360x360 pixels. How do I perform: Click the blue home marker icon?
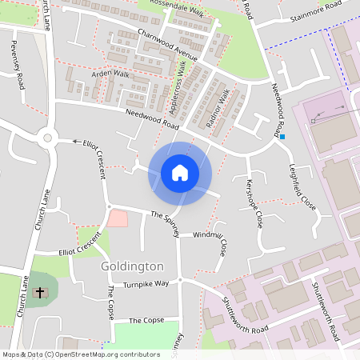[180, 172]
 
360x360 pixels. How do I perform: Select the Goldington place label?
[132, 266]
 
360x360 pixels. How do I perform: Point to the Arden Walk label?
[110, 74]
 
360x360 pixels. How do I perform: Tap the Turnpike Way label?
[146, 284]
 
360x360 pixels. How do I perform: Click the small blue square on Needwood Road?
[282, 137]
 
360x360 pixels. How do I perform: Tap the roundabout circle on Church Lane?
[47, 138]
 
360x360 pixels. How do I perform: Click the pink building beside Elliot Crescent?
[117, 217]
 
